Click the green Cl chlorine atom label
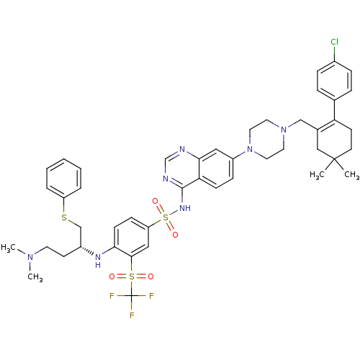[x=334, y=42]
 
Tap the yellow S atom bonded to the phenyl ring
[x=64, y=217]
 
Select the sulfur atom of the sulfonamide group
[x=166, y=217]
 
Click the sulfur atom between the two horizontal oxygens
[x=132, y=276]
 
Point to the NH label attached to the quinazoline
[x=185, y=208]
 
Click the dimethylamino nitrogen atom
[x=30, y=257]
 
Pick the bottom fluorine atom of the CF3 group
[x=132, y=315]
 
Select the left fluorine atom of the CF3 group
[x=112, y=296]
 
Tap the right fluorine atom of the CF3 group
[x=151, y=296]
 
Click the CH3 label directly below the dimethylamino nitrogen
[x=35, y=277]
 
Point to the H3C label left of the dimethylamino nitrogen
[x=9, y=248]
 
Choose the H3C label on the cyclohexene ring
[x=317, y=174]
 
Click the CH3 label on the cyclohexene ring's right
[x=352, y=174]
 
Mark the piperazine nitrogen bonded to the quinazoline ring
[x=250, y=149]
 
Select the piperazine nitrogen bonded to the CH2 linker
[x=284, y=130]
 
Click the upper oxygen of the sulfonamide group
[x=156, y=201]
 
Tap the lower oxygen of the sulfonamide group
[x=175, y=235]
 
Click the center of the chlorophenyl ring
[x=334, y=81]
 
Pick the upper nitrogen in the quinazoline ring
[x=182, y=149]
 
